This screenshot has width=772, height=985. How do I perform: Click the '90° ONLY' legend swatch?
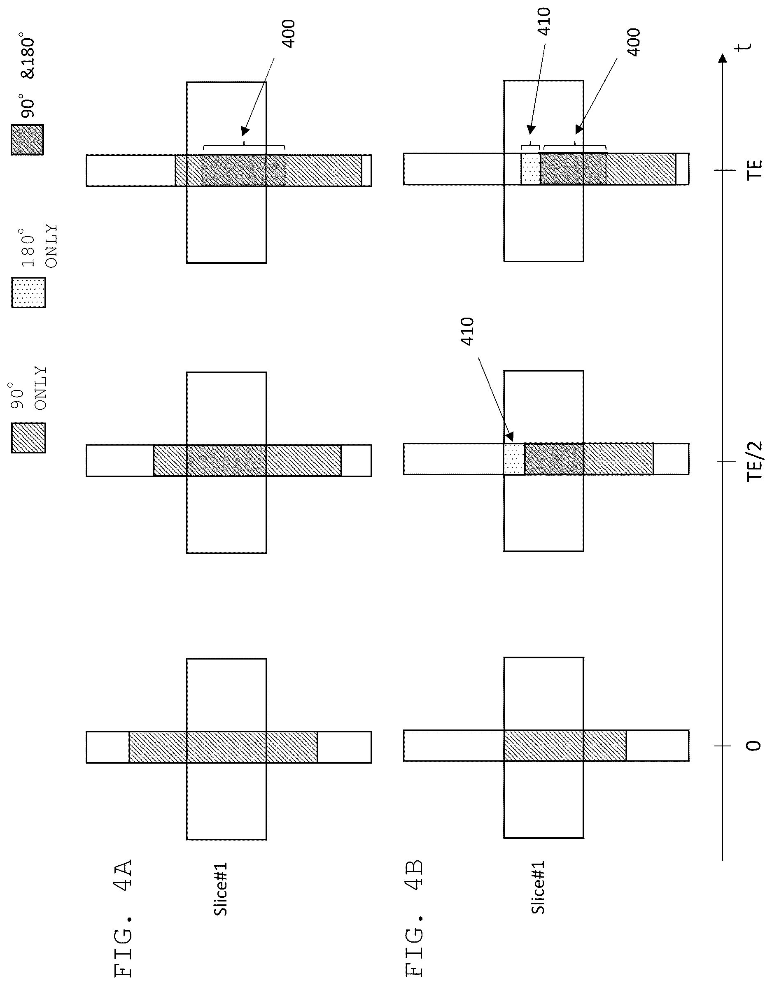[x=28, y=437]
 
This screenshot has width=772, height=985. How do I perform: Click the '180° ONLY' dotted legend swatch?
[x=28, y=293]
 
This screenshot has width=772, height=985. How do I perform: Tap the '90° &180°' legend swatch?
[x=28, y=140]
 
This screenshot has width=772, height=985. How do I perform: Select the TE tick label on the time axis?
[x=754, y=170]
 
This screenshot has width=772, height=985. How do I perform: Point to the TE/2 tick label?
[x=754, y=461]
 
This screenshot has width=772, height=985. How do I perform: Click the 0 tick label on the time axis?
[x=754, y=746]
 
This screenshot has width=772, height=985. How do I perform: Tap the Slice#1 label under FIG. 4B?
[x=538, y=887]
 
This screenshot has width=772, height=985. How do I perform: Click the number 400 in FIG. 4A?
[x=288, y=33]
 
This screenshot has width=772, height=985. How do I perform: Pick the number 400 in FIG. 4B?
[x=634, y=42]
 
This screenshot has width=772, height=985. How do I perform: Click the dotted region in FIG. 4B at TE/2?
[x=514, y=459]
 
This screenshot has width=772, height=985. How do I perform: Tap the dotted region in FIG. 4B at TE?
[x=531, y=169]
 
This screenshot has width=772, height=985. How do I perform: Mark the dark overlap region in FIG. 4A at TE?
[x=243, y=170]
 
